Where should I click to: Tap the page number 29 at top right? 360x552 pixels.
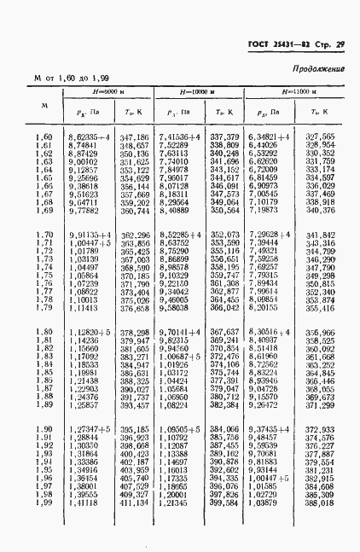[x=339, y=44]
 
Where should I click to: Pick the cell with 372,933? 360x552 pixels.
[x=320, y=430]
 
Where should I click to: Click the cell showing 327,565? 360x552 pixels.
[x=319, y=137]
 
